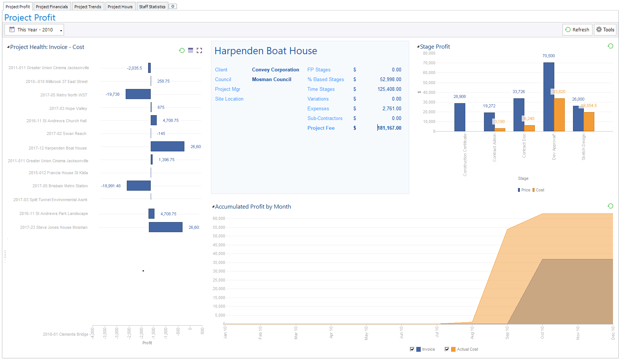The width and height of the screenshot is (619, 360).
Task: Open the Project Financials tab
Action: (x=52, y=7)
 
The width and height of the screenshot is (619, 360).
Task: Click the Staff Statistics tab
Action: (x=152, y=7)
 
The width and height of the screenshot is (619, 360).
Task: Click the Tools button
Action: (x=605, y=30)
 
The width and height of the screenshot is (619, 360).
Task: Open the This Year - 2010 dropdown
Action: (x=34, y=30)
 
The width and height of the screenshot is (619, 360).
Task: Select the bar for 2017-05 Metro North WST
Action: (x=138, y=94)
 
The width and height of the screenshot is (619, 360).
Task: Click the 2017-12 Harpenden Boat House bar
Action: (x=167, y=147)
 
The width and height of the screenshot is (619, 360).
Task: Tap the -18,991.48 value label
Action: (x=111, y=186)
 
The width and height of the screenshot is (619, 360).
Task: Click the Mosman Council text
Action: (x=271, y=79)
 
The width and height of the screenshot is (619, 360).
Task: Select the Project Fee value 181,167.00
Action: (x=389, y=128)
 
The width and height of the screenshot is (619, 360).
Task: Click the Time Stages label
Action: (x=321, y=89)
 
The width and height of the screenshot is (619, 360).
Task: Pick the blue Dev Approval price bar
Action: (x=548, y=97)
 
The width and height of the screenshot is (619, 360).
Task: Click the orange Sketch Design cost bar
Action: (x=589, y=121)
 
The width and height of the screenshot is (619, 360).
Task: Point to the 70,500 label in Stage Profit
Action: (x=548, y=56)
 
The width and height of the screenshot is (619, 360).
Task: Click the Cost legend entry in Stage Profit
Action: (x=538, y=190)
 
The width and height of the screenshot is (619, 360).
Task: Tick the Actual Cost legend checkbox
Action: (x=447, y=349)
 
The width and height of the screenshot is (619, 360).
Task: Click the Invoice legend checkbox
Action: (x=412, y=349)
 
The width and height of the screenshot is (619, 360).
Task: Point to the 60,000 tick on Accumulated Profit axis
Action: (x=219, y=218)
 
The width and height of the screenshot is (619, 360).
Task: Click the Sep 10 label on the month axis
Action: (x=507, y=332)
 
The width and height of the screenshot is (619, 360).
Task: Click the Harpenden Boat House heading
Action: (x=266, y=51)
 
